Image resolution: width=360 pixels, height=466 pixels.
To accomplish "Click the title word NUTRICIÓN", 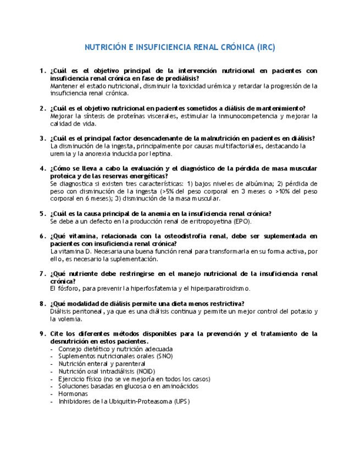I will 106,48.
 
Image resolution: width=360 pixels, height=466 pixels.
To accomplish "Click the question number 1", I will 42,71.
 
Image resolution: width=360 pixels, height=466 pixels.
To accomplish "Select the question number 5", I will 42,214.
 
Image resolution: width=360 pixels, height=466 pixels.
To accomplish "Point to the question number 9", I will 42,334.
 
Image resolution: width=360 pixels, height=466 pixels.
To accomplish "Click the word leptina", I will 160,154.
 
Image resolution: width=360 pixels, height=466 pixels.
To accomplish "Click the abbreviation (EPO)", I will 240,221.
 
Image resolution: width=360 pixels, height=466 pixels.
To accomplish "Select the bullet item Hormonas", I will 73,393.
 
